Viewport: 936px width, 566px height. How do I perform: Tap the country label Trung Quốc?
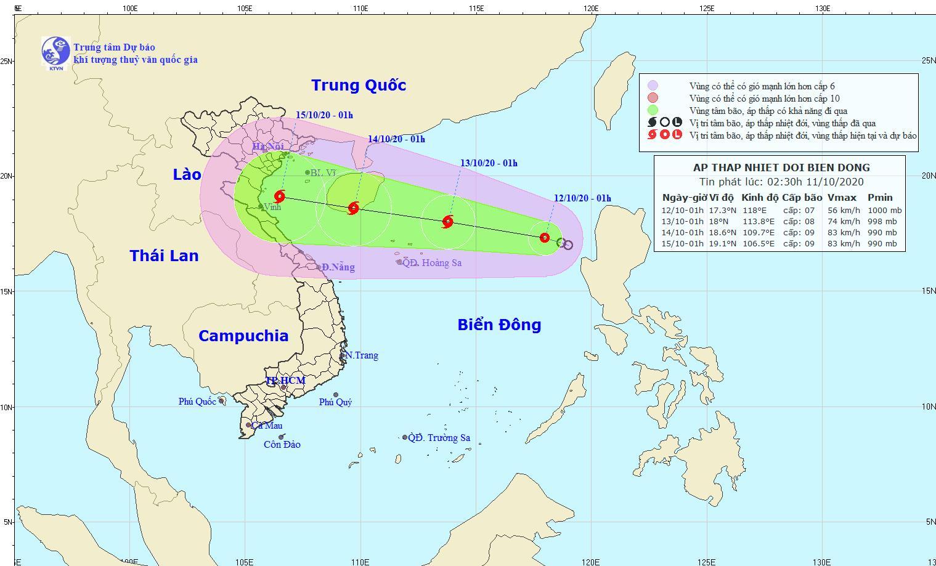tap(359, 85)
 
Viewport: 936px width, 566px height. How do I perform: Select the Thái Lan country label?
tap(164, 256)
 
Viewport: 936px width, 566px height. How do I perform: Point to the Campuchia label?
tap(243, 336)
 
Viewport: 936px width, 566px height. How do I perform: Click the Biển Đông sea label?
tap(499, 325)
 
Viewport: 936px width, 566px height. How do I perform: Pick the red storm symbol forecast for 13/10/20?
tap(448, 222)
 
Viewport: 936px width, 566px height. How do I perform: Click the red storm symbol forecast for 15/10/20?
tap(280, 197)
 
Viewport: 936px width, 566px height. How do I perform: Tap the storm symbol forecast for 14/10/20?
tap(354, 208)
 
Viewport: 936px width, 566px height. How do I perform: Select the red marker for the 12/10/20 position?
tap(544, 238)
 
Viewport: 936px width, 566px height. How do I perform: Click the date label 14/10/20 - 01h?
tap(396, 139)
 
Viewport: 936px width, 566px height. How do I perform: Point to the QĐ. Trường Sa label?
tap(440, 438)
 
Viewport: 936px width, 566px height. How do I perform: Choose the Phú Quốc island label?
tap(197, 402)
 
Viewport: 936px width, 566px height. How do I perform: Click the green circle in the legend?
tap(653, 111)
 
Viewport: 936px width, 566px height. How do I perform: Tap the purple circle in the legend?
tap(653, 86)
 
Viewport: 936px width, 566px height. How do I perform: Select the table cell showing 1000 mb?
tap(884, 211)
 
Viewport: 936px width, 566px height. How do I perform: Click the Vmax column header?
tap(842, 198)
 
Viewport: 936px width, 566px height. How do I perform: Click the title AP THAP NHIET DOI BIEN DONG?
tap(781, 168)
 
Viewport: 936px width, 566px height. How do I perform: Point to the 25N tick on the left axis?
tap(7, 61)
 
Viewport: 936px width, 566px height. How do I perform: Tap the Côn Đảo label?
tap(282, 445)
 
